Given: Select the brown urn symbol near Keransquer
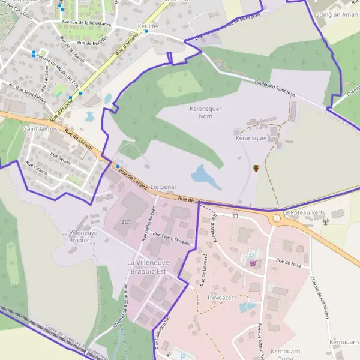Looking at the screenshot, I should pos(256,168).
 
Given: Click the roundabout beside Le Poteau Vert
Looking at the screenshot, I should pos(277,218).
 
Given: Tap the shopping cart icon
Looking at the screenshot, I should pos(253,263).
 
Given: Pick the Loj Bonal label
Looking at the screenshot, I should pos(163,187).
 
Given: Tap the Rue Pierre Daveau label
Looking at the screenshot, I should pos(171,238).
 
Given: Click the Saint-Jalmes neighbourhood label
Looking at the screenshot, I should pos(40,128).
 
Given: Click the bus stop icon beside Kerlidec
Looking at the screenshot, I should pos(146,31).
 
